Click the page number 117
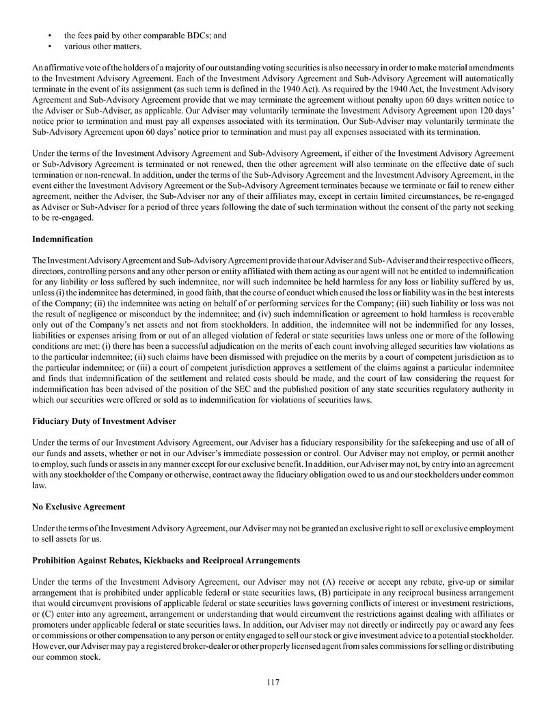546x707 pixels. (x=273, y=682)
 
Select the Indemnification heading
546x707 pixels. (x=62, y=240)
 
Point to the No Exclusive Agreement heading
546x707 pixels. (x=79, y=507)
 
